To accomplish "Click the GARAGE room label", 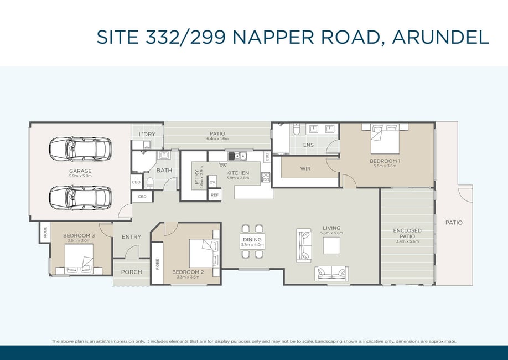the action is point(80,171).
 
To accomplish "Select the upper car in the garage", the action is point(80,149).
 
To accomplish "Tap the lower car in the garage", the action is point(80,198).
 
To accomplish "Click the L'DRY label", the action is point(147,134).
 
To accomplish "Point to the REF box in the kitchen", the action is point(215,195).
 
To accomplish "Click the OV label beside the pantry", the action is point(212,182).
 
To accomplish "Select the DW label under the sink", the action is point(223,166).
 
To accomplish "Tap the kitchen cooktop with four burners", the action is point(266,177).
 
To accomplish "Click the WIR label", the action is point(305,169).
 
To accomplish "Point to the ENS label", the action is point(308,145).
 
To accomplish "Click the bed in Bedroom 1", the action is point(385,139).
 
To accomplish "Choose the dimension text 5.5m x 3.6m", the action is point(385,166).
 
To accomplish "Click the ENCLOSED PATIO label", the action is point(407,233).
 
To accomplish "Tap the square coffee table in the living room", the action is point(331,245).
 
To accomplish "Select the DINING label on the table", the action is point(252,240).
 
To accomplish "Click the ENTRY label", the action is point(131,237).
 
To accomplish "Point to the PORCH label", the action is point(131,272).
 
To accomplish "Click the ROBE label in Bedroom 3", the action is point(45,232).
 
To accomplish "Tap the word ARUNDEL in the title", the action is point(440,37).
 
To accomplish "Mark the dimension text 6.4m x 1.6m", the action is point(217,139).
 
